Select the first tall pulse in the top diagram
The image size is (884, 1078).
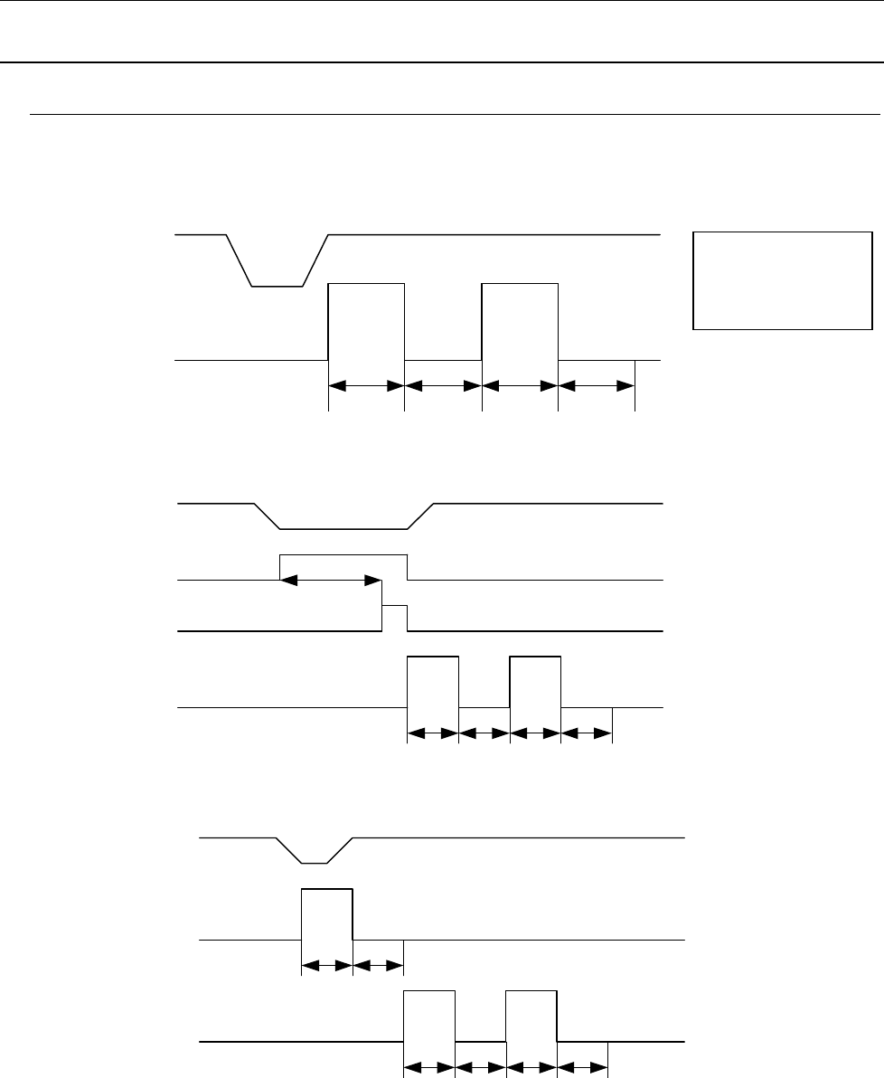[x=366, y=321]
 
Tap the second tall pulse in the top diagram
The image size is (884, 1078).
[x=521, y=321]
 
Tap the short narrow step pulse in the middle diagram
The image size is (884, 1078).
[x=395, y=617]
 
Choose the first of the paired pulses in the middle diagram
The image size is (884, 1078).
[x=433, y=681]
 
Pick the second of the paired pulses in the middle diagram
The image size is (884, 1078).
[x=535, y=681]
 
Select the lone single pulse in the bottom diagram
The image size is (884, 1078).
[x=326, y=914]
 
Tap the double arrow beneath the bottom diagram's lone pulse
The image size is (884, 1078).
[x=326, y=966]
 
